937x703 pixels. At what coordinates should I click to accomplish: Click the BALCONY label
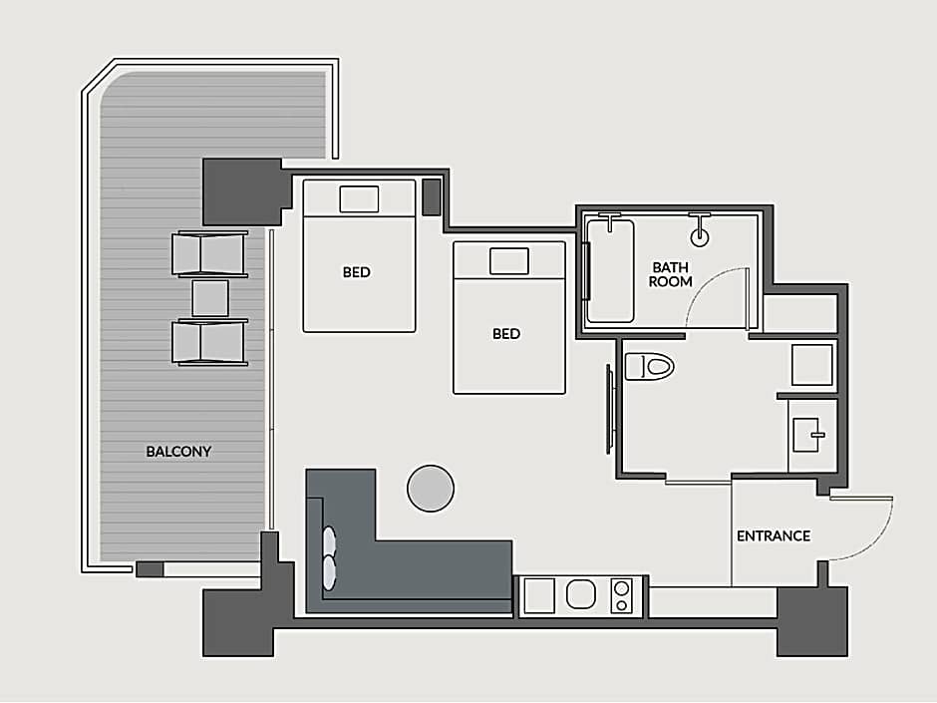point(178,452)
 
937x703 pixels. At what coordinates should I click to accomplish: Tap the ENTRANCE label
point(774,535)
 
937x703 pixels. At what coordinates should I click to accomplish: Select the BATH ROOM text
point(671,274)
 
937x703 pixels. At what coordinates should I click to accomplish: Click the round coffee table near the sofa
point(431,489)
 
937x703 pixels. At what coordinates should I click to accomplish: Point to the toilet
point(649,366)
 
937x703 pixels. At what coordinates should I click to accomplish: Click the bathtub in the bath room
point(609,271)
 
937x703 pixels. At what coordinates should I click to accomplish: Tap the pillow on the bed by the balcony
point(359,199)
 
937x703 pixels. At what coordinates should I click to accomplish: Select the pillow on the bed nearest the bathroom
point(509,261)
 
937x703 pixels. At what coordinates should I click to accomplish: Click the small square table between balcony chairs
point(209,298)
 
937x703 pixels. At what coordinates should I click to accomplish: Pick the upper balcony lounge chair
point(209,254)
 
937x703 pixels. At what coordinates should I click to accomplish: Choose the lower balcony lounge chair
point(209,343)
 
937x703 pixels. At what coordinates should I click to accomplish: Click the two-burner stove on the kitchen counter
point(621,596)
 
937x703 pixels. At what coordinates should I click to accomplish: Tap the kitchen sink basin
point(581,594)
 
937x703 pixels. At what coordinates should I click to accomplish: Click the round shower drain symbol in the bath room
point(700,237)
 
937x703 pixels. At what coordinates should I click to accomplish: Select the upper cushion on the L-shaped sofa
point(329,540)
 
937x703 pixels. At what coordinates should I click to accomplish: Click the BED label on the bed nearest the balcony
point(356,272)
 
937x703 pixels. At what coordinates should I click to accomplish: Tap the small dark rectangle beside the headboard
point(432,197)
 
